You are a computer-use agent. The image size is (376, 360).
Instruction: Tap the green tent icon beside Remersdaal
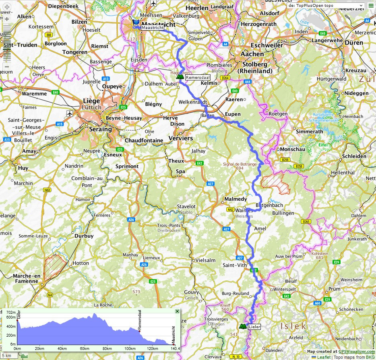pos(180,76)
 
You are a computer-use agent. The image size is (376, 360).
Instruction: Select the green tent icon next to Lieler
pos(242,326)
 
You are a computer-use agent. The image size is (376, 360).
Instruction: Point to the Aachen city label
pos(252,54)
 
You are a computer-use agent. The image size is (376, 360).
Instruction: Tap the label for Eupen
pos(233,114)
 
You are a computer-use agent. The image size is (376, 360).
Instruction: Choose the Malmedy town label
pos(236,199)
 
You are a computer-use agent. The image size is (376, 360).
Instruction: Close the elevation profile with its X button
pos(177,311)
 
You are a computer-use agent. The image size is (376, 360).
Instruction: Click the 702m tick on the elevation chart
pos(11,313)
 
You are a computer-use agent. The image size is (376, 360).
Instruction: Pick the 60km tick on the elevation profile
pos(85,348)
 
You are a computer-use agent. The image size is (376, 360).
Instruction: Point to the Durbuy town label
pos(84,236)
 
